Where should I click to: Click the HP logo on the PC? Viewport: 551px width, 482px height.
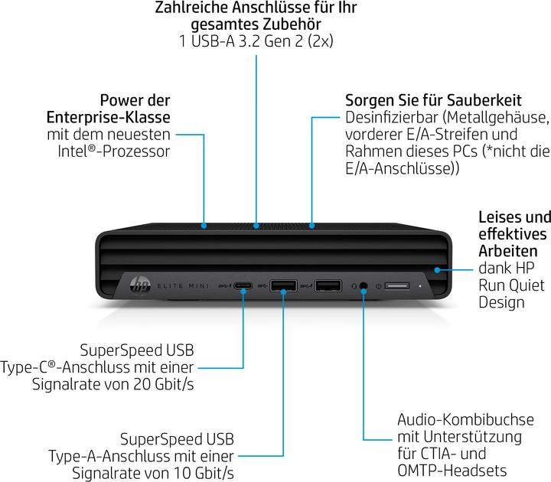pos(140,286)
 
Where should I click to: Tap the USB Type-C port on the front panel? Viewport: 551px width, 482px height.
pos(244,286)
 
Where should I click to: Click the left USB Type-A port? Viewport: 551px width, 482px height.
pos(283,286)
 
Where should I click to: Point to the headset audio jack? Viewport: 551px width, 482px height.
pos(364,286)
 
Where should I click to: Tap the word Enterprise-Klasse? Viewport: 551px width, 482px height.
pos(109,117)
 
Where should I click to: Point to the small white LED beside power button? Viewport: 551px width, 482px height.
pos(420,286)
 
